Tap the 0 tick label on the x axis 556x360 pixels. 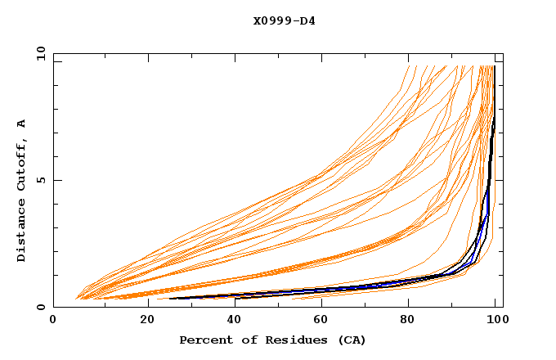click(53, 322)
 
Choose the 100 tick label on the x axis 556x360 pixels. click(495, 322)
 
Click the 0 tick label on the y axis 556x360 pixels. click(40, 308)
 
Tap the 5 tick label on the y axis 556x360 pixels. click(40, 180)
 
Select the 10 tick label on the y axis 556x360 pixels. click(38, 53)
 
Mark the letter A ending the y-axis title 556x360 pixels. click(21, 124)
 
